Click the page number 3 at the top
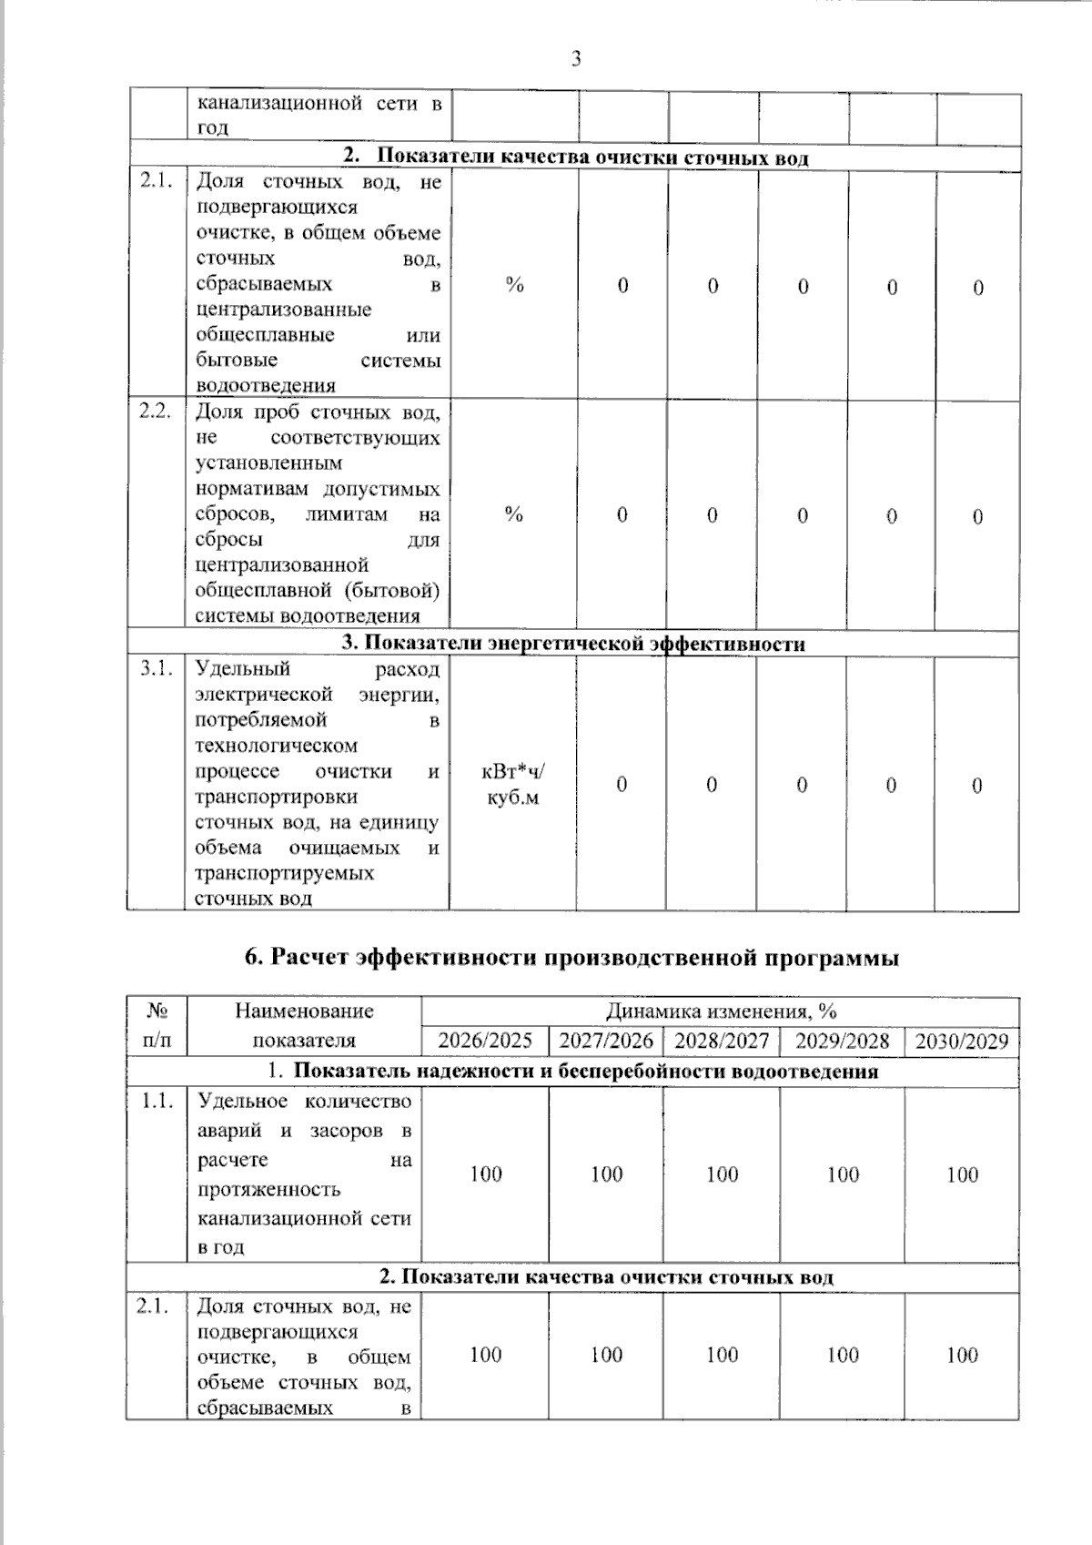575,60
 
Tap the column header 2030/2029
962,1041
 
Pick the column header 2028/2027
722,1041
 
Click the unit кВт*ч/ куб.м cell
513,785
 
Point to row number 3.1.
156,669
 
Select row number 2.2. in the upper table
156,412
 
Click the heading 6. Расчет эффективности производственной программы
572,958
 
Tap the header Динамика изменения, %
721,1011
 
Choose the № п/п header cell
157,1025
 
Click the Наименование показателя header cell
304,1025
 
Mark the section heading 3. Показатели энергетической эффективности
573,644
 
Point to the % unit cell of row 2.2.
514,514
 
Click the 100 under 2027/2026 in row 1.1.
606,1174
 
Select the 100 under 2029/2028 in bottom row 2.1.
843,1356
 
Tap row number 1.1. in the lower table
157,1102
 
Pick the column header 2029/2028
842,1041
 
